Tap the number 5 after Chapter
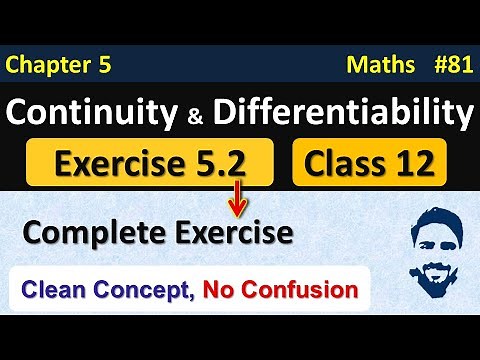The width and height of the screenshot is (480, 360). (x=102, y=67)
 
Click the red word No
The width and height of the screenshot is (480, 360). (x=221, y=292)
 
